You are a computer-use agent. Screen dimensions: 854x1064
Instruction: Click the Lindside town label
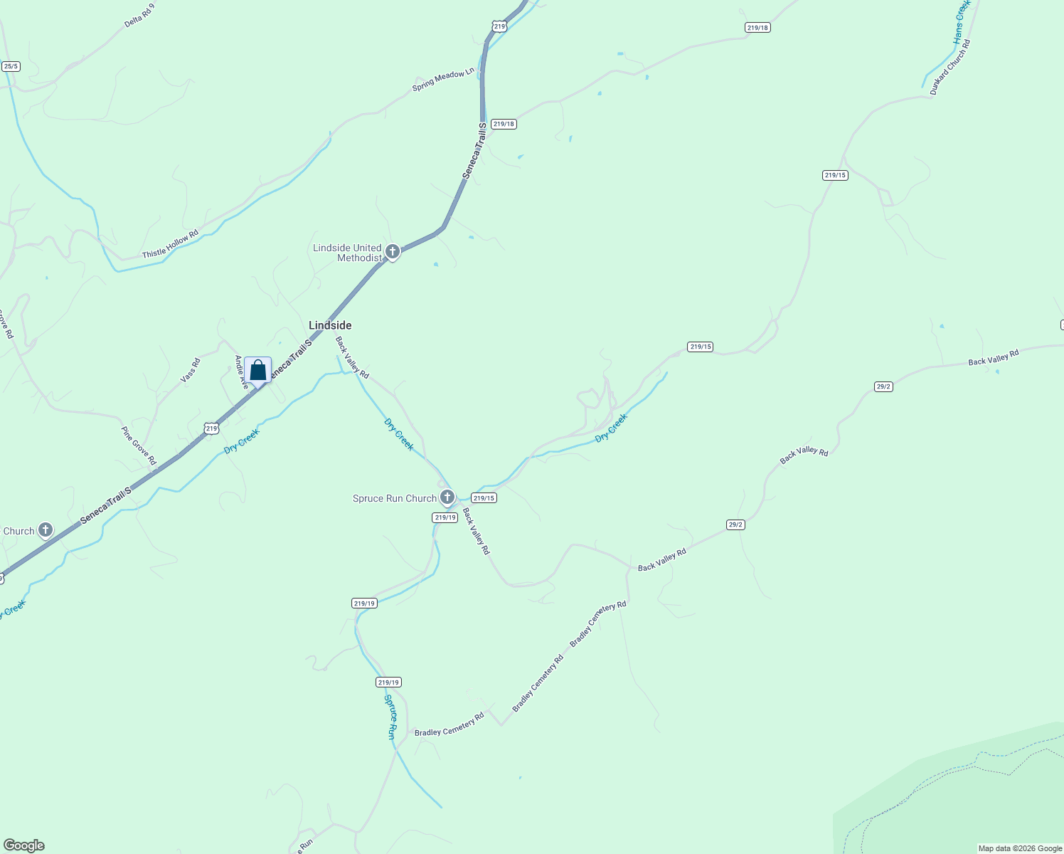click(330, 325)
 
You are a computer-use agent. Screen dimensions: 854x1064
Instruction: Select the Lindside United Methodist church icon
click(393, 252)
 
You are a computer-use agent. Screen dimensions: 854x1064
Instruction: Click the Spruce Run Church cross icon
click(447, 497)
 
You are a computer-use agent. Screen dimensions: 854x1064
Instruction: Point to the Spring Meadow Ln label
click(443, 80)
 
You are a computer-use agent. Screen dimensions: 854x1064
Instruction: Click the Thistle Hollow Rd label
click(170, 244)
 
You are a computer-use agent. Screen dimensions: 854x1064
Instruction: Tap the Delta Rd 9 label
click(139, 15)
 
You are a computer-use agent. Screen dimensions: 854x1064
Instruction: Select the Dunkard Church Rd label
click(950, 68)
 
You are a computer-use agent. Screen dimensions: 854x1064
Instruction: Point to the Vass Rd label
click(191, 371)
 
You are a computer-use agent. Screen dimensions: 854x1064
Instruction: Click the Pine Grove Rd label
click(139, 446)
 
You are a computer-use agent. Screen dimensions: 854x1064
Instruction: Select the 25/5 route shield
click(11, 66)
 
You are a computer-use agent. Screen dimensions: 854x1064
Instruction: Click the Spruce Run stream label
click(390, 717)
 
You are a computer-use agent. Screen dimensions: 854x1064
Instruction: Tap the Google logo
click(23, 845)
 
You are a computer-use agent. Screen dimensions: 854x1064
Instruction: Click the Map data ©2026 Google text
click(1020, 848)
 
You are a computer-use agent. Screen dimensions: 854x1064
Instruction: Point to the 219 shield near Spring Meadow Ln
click(499, 26)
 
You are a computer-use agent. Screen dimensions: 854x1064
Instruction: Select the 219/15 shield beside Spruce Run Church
click(484, 498)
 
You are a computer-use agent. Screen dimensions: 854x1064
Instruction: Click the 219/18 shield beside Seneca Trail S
click(504, 124)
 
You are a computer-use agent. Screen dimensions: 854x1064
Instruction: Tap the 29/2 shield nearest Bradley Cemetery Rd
click(735, 524)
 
